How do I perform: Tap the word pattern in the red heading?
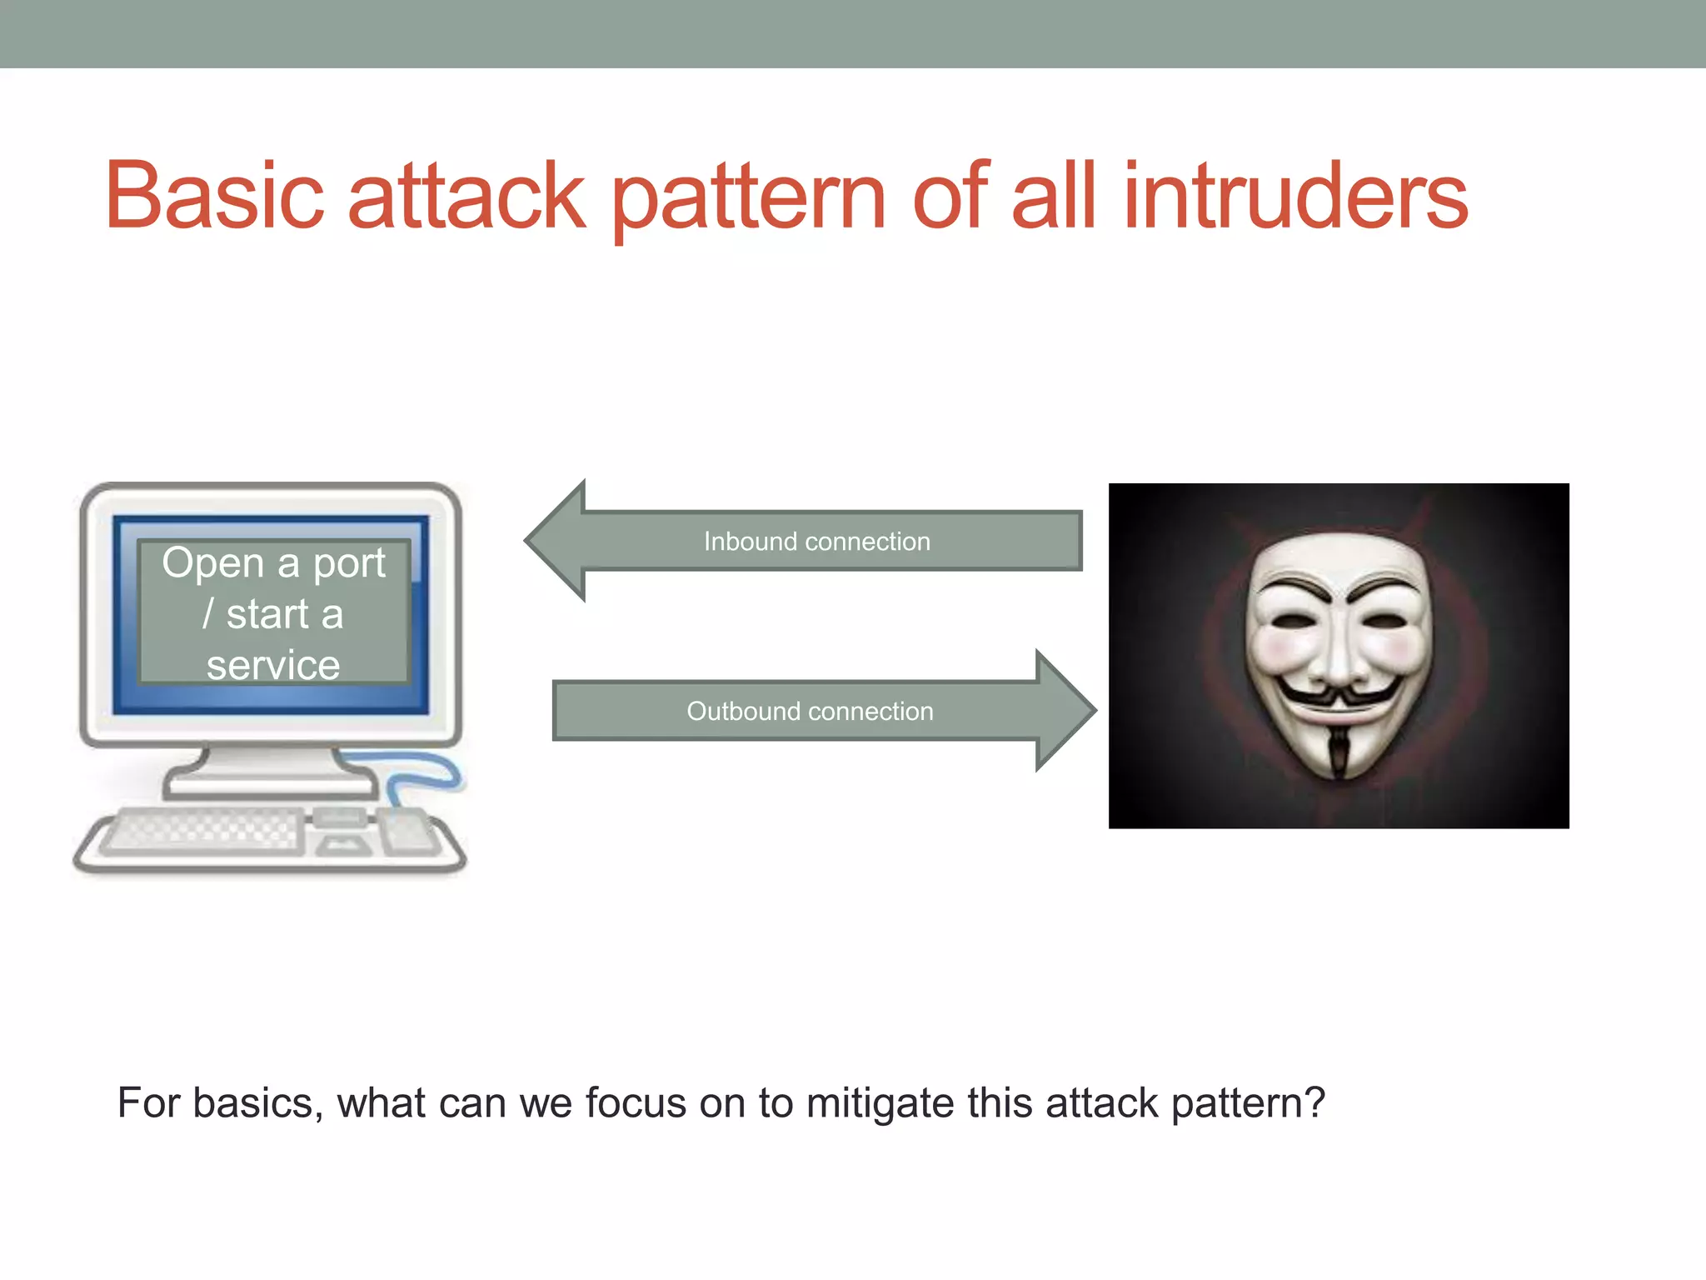748,200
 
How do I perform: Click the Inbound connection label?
816,542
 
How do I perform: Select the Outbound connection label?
810,712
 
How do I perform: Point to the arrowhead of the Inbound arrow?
556,541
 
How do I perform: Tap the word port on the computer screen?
349,564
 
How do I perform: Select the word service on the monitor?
273,666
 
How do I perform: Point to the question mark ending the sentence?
1314,1102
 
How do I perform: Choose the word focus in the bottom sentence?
635,1103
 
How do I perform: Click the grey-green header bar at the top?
853,33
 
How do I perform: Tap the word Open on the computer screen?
212,564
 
